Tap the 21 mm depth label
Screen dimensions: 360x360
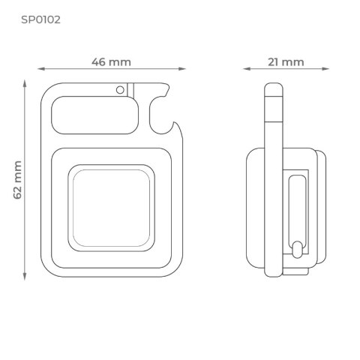coord(286,61)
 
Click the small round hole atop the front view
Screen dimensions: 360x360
coord(120,89)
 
